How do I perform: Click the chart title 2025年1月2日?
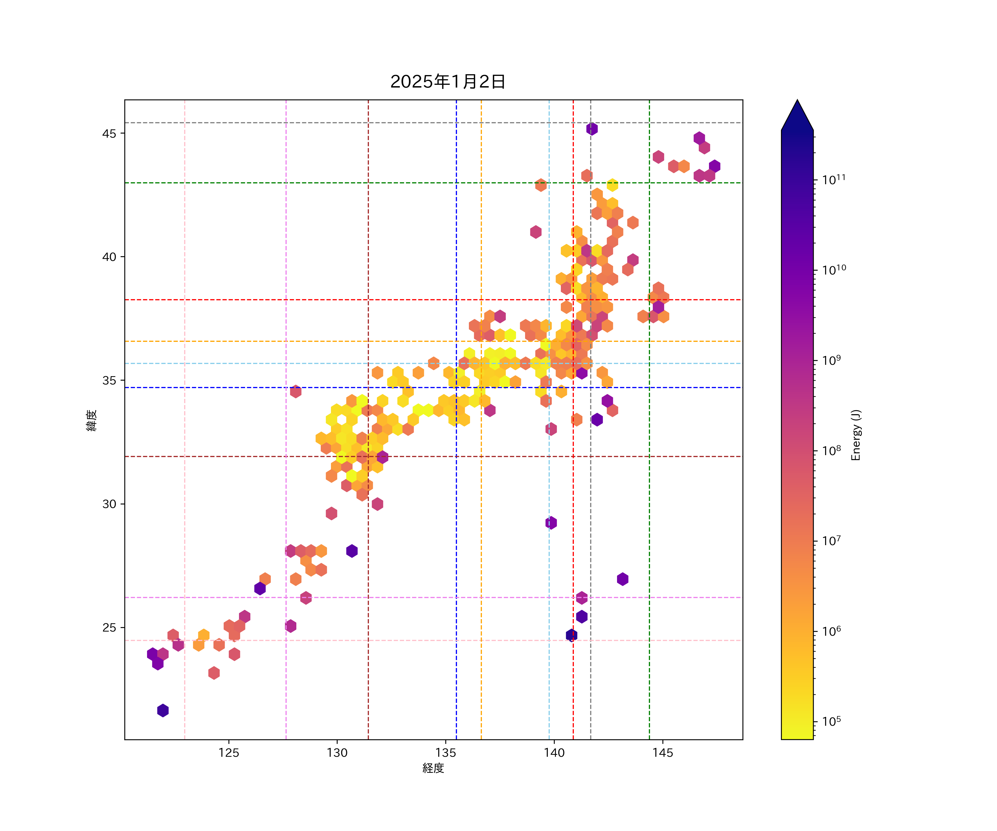coord(448,82)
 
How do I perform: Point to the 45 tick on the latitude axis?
coord(109,134)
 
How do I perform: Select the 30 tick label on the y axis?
coord(109,504)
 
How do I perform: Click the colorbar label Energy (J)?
coord(855,435)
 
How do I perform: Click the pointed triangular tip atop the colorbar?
coord(797,112)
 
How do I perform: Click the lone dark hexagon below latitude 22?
coord(163,711)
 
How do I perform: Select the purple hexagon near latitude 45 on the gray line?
coord(592,129)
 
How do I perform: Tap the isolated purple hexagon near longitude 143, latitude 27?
coord(622,579)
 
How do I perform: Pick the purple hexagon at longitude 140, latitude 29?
coord(551,523)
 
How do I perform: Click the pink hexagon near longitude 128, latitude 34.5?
coord(295,392)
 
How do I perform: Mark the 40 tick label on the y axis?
coord(109,257)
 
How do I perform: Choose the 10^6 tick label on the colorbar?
coord(832,631)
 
